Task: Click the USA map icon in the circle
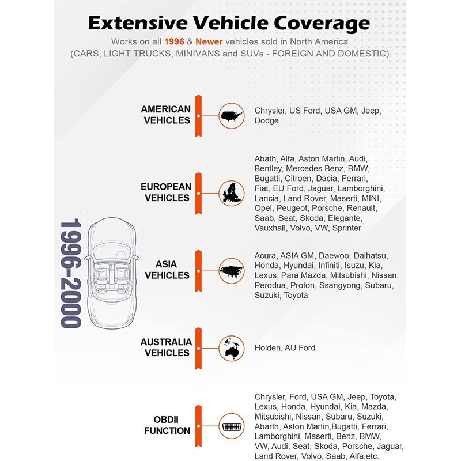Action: click(x=231, y=115)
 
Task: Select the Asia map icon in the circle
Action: click(x=231, y=270)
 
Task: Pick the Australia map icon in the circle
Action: click(x=231, y=347)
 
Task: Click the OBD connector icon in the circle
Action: click(x=231, y=425)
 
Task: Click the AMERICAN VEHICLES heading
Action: click(x=165, y=115)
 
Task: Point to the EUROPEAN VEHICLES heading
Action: click(x=165, y=192)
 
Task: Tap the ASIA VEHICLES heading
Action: click(x=167, y=270)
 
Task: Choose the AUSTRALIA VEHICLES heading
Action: click(x=166, y=347)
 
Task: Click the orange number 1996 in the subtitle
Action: click(x=175, y=42)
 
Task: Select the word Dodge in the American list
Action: click(x=266, y=120)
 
